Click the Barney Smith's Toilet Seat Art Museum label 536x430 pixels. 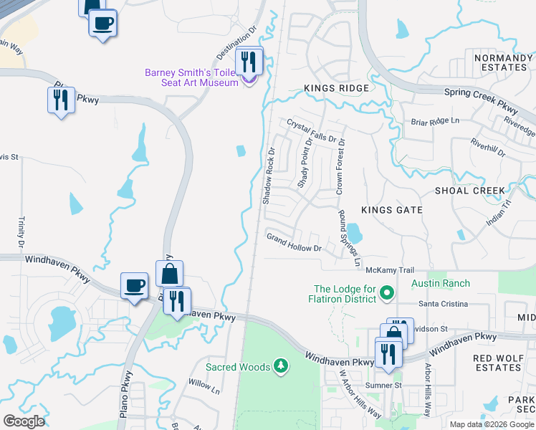[191, 77]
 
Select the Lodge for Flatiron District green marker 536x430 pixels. [387, 292]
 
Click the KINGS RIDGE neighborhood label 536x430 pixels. [336, 88]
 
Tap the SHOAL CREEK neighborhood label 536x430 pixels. [470, 191]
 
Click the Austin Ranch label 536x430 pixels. [441, 284]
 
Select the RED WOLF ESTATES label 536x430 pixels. [497, 363]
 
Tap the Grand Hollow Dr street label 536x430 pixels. [295, 242]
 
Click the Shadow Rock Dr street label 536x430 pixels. [269, 176]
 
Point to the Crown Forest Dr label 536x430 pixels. [340, 168]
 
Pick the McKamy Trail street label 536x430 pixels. [390, 270]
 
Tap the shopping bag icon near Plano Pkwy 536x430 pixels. [169, 273]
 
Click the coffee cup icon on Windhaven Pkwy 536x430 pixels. [134, 286]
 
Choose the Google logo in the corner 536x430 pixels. [24, 421]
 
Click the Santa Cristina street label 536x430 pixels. [444, 304]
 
